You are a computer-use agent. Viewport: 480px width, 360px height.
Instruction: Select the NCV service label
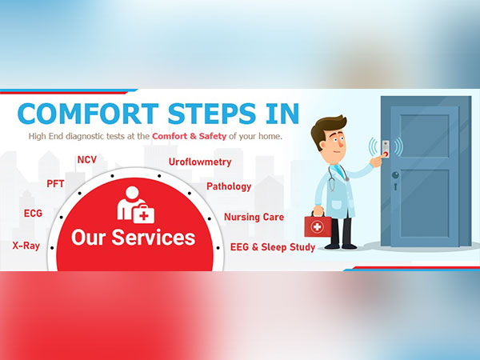click(x=86, y=159)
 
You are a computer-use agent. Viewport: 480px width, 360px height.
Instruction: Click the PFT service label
click(x=55, y=183)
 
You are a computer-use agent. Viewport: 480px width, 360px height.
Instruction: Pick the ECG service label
click(x=33, y=214)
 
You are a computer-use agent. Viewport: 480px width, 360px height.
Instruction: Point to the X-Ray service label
click(x=26, y=246)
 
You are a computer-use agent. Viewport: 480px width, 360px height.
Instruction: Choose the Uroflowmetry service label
click(x=200, y=162)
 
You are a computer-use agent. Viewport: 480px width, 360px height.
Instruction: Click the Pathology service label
click(x=229, y=186)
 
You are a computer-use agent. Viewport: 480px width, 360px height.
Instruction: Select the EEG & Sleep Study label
click(x=272, y=247)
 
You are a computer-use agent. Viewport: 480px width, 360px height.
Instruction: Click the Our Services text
click(x=133, y=237)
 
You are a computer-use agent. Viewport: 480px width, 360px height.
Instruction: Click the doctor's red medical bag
click(x=317, y=226)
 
